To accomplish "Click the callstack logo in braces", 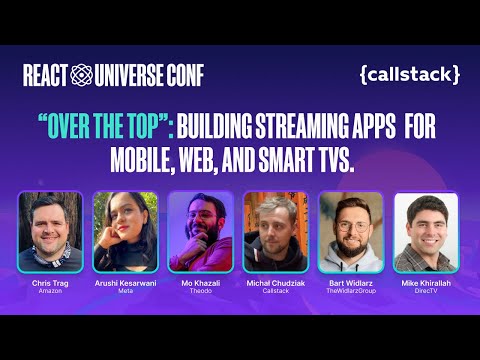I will coord(410,74).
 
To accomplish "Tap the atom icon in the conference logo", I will coord(83,74).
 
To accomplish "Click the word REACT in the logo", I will coord(46,74).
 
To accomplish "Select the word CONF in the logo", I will coord(185,74).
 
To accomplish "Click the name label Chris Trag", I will coord(50,283).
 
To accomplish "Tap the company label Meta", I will coord(126,291).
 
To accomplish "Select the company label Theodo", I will coord(201,291).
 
